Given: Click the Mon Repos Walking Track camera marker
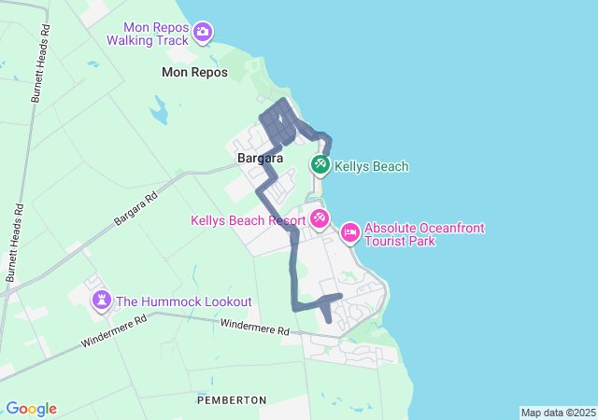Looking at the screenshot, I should [203, 33].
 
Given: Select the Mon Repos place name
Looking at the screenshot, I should [194, 72].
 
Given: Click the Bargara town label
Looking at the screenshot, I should [261, 158].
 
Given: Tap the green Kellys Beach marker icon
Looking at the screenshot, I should [320, 165].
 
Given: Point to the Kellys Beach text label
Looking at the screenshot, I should [372, 167].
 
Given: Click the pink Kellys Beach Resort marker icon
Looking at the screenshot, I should [320, 219].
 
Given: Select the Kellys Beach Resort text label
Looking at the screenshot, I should [248, 221].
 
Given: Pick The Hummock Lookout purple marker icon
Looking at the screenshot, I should [101, 301].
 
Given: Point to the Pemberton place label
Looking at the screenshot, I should [232, 399].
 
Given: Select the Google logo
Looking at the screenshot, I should [31, 409].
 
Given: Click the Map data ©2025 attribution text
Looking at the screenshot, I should [558, 413].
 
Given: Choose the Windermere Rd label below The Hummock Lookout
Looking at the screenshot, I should [113, 331].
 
